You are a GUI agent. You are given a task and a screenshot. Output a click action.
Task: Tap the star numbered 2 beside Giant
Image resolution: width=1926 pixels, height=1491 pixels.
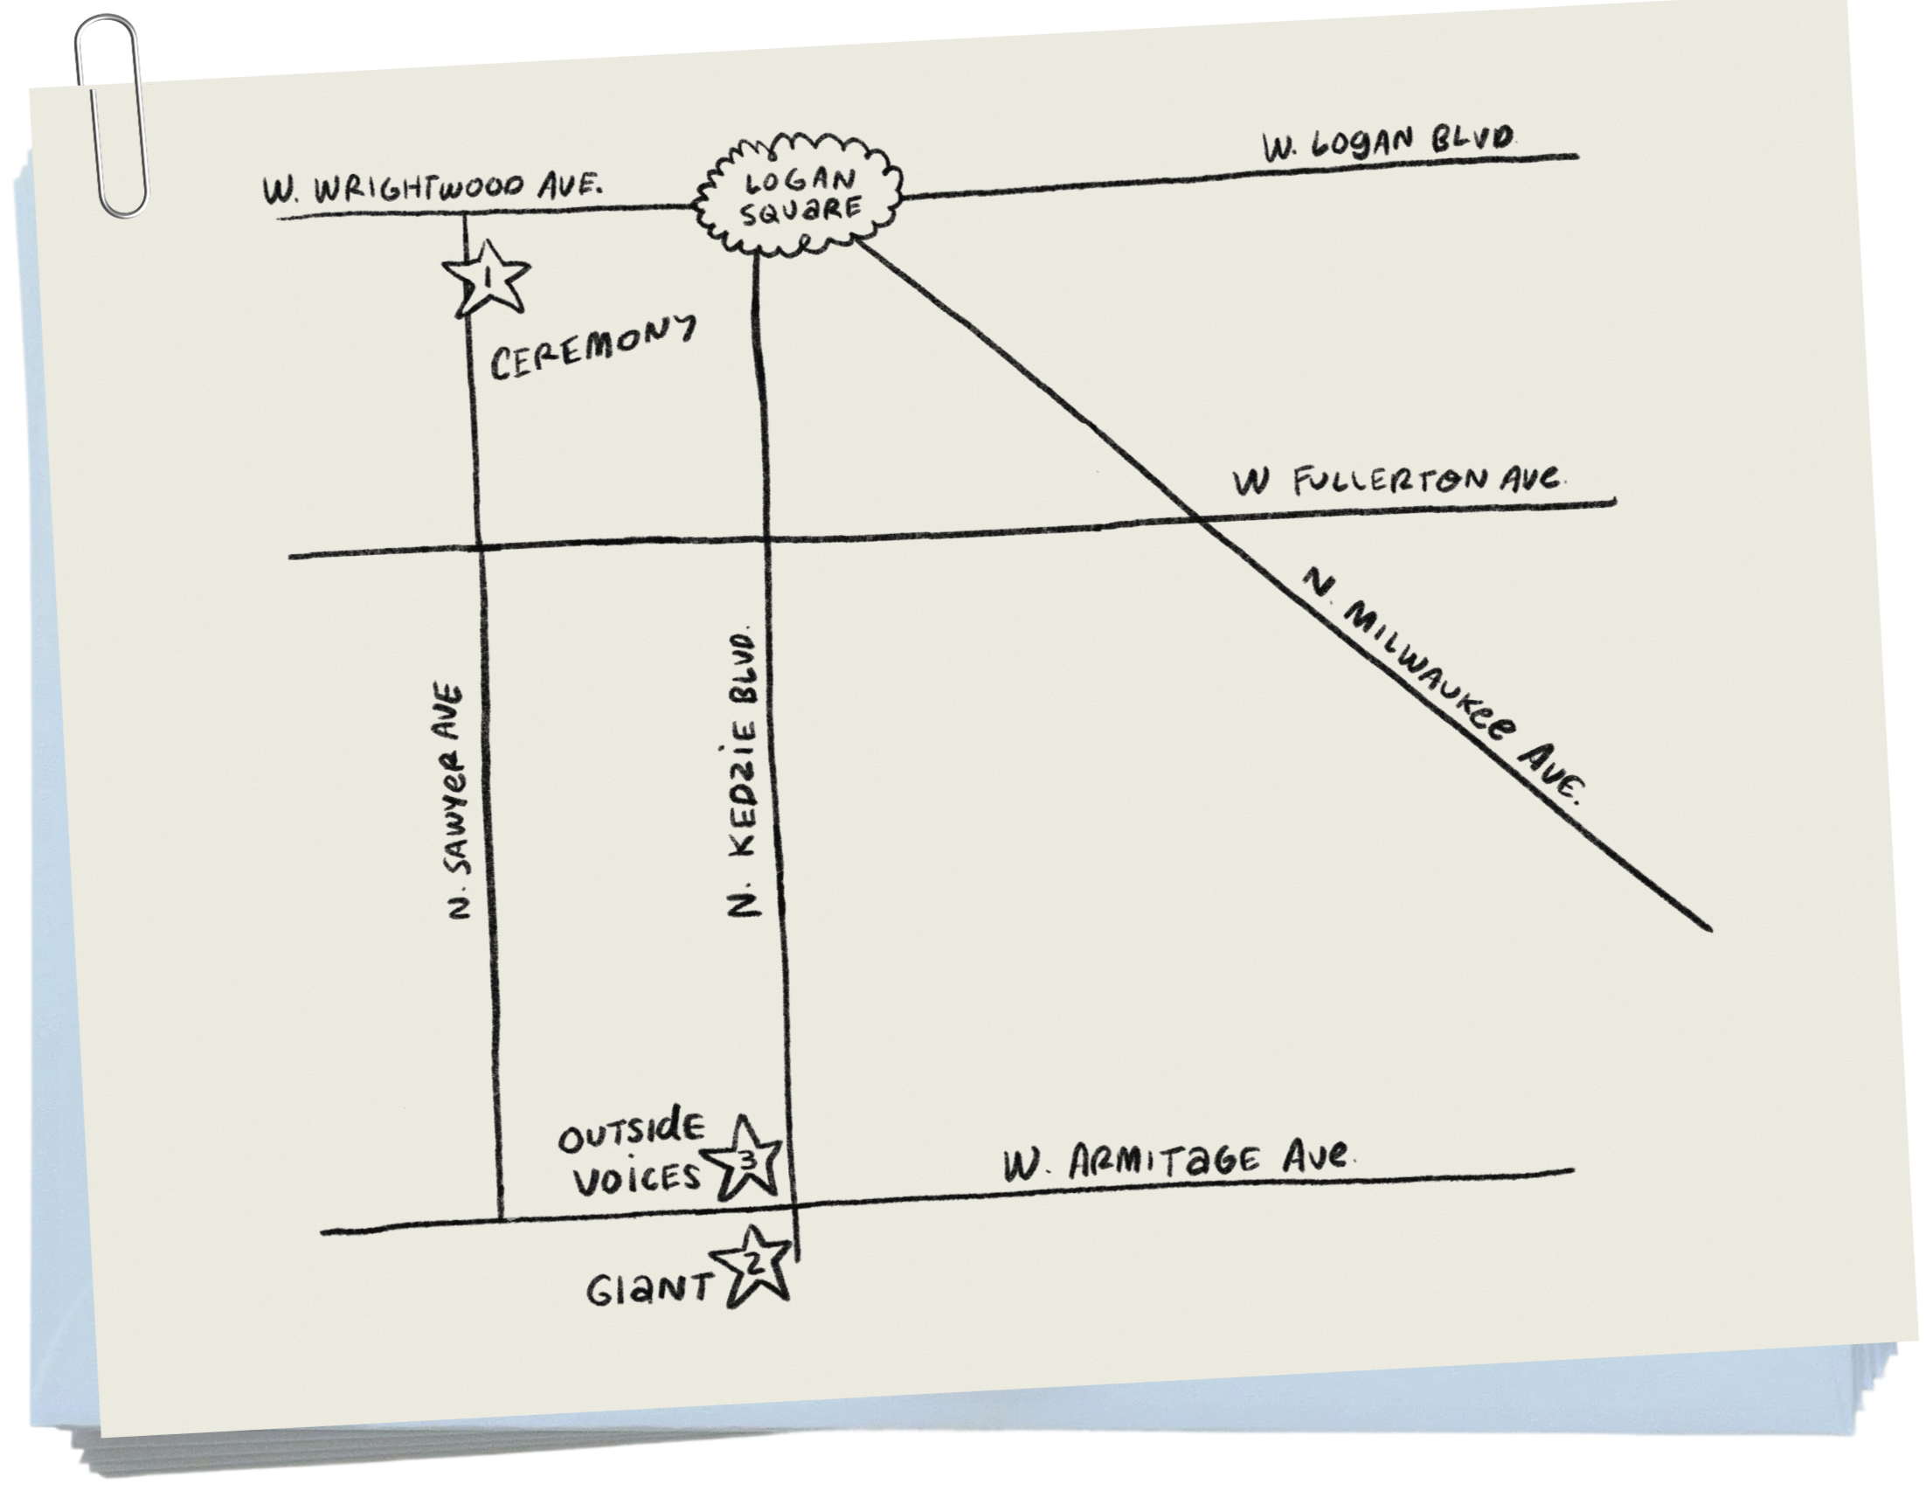click(x=755, y=1266)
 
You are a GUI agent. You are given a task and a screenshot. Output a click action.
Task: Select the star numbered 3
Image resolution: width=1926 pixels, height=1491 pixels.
click(x=747, y=1160)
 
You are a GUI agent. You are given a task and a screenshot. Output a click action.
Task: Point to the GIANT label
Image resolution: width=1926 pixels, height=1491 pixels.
click(x=649, y=1290)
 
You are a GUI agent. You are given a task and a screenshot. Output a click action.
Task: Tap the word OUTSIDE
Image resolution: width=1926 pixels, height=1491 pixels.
click(x=634, y=1135)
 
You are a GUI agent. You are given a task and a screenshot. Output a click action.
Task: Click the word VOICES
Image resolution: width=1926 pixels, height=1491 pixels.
click(x=639, y=1179)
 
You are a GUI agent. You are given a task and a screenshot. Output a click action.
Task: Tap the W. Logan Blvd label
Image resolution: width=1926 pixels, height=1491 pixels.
click(x=1389, y=145)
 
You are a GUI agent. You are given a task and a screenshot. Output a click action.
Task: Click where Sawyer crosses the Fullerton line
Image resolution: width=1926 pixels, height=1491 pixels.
click(x=478, y=551)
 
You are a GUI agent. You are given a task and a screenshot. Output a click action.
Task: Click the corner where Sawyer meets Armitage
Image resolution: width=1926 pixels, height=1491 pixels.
click(x=499, y=1219)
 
